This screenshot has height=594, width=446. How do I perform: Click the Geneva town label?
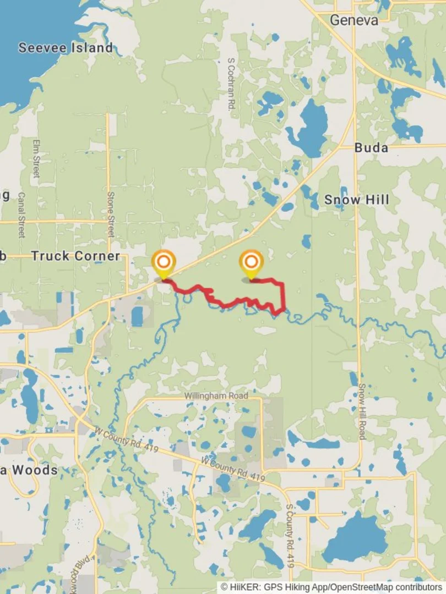coord(354,20)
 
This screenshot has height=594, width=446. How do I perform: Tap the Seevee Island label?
coord(66,48)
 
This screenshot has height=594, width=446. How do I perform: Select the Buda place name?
coord(371,147)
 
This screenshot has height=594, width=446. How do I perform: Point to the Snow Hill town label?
coord(356,200)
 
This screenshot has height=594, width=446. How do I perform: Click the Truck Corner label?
coord(75,256)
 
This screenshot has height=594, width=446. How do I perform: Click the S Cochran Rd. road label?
coord(231,85)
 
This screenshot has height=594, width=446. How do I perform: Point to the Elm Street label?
coord(37,158)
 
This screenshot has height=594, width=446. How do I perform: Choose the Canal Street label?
coord(21,215)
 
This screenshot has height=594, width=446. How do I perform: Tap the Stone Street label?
coord(110,215)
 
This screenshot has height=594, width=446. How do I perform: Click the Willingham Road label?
coord(216,395)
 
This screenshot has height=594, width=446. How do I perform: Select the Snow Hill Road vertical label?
coord(362,411)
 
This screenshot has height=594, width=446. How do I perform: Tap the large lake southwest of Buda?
coord(308,129)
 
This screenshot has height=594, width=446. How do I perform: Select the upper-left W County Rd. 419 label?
coord(127,441)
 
